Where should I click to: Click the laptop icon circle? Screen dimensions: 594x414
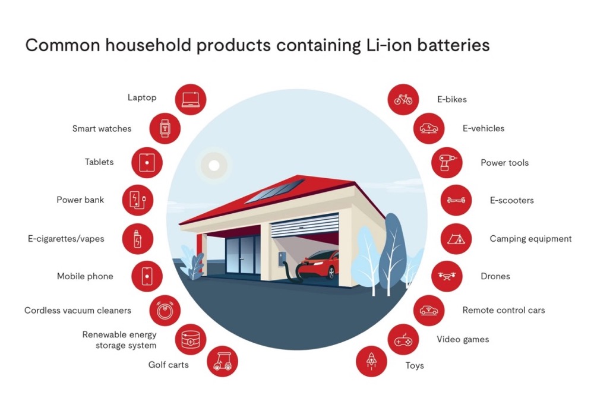(x=191, y=100)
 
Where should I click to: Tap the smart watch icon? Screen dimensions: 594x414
(x=165, y=128)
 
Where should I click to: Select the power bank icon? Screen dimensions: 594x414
(x=138, y=200)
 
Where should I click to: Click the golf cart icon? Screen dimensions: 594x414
(x=222, y=361)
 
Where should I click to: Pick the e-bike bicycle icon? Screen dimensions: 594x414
(x=403, y=100)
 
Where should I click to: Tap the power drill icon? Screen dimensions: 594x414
(x=447, y=163)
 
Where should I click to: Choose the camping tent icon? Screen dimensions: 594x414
(x=456, y=239)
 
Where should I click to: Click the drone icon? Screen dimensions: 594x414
(x=447, y=276)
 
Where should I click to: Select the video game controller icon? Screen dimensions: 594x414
(x=403, y=340)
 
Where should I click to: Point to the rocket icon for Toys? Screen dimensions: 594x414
(x=371, y=361)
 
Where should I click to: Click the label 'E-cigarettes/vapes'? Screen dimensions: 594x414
(x=66, y=239)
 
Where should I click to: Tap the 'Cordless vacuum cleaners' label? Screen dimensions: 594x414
(x=78, y=310)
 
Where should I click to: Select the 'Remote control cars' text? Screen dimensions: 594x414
(x=504, y=310)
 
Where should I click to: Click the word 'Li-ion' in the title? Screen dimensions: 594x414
(x=389, y=45)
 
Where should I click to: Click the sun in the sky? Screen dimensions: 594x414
(x=214, y=166)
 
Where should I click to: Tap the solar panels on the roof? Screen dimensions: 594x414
(x=274, y=191)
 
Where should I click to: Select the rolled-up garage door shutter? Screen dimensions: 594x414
(x=305, y=225)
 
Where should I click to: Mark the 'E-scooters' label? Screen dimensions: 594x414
(x=511, y=200)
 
